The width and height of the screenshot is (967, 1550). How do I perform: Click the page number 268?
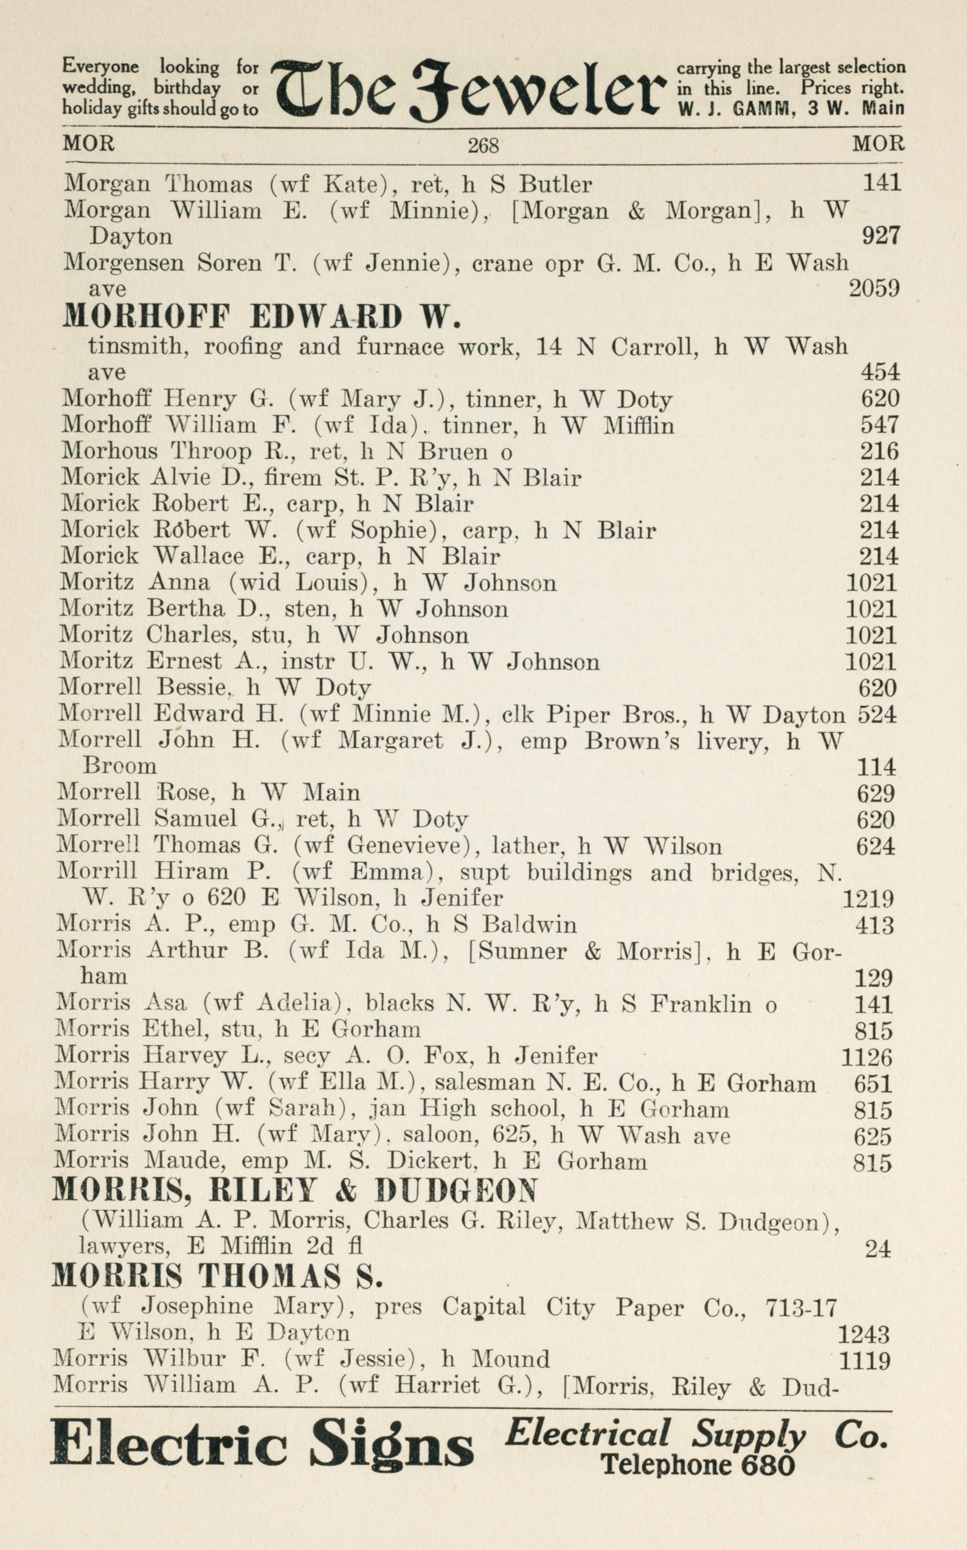coord(483,146)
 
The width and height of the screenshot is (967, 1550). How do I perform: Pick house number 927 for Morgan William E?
coord(881,236)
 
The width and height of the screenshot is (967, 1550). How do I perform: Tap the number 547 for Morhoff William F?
coord(880,425)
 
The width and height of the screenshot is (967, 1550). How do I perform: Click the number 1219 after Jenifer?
coord(867,900)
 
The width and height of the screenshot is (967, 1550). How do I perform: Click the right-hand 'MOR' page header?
coord(878,144)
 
